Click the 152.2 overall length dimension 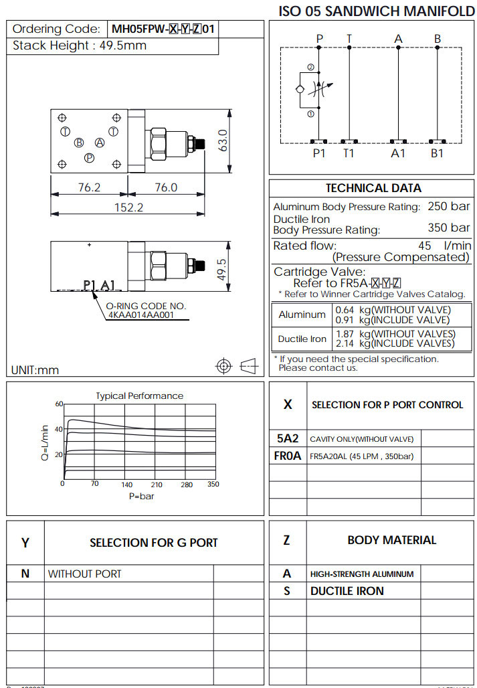point(128,207)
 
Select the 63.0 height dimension point(224,141)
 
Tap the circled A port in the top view point(100,142)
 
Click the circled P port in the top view point(89,157)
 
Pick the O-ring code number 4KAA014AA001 point(140,314)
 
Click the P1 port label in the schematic point(319,153)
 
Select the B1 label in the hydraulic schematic point(437,153)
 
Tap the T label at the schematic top point(349,39)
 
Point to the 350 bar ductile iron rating point(448,228)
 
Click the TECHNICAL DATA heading point(373,188)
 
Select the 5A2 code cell point(288,439)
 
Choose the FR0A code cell point(288,456)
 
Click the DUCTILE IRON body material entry point(347,591)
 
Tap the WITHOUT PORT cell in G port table point(84,574)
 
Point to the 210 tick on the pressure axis point(157,485)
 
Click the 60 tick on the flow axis point(59,404)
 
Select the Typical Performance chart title point(139,396)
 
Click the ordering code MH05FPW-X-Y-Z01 point(163,29)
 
